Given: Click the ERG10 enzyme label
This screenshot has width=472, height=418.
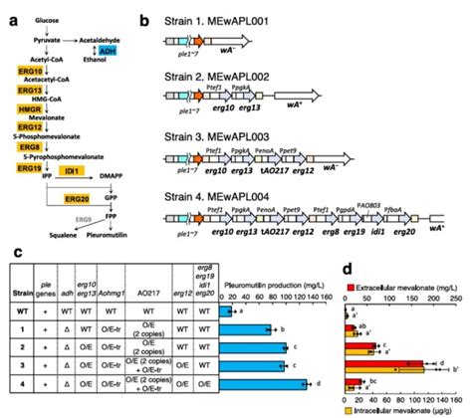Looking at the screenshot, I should pos(33,73).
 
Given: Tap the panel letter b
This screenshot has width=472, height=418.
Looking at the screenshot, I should pos(145,19).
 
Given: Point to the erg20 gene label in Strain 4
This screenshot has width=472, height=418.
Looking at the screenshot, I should pos(405,231).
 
